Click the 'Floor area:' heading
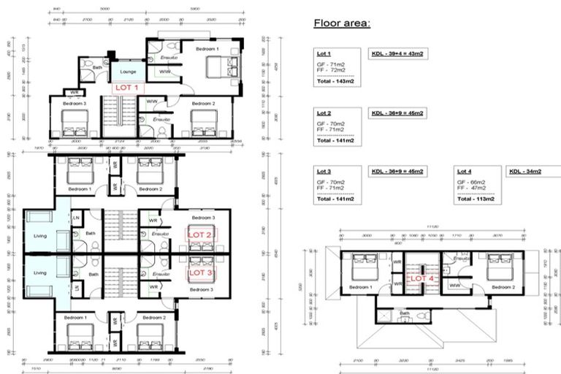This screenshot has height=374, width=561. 342,23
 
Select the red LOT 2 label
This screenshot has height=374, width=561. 199,234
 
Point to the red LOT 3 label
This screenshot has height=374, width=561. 199,272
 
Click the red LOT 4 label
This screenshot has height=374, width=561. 422,278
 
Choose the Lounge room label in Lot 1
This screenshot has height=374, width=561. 129,72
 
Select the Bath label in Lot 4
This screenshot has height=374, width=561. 404,313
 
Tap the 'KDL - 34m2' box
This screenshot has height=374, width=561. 525,172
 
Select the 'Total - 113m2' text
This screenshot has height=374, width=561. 476,199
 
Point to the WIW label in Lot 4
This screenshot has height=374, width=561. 454,284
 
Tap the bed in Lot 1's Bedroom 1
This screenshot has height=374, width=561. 218,66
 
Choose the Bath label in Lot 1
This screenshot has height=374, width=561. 98,68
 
